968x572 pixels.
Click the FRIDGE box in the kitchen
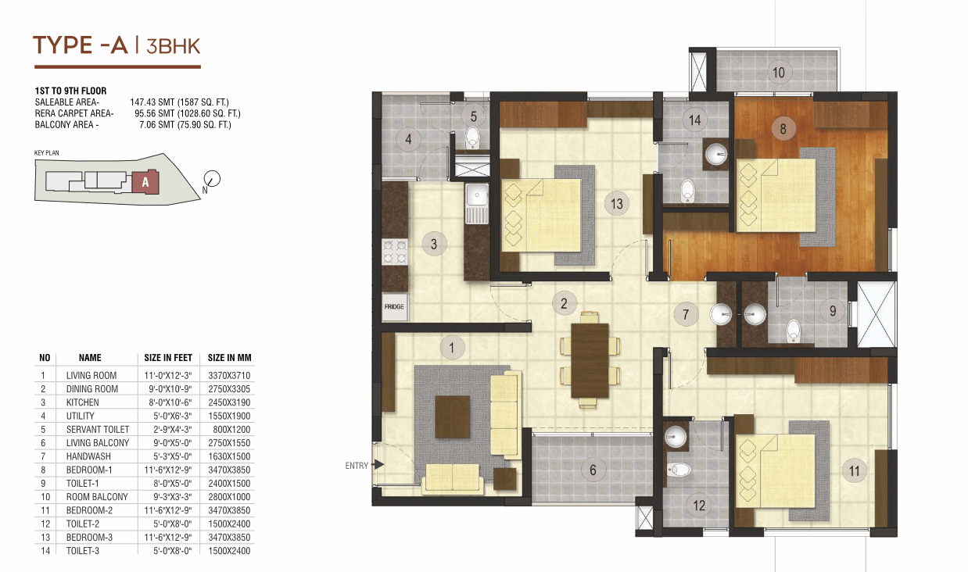(395, 307)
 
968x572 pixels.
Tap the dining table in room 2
(590, 360)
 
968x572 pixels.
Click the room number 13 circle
(617, 203)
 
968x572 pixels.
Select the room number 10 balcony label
(779, 73)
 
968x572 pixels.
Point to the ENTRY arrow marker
(378, 465)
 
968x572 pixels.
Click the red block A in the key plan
(145, 182)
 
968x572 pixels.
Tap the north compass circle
(212, 178)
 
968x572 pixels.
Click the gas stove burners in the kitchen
(395, 252)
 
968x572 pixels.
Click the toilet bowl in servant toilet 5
(473, 138)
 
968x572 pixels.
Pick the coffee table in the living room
(453, 417)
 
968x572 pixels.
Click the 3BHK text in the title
(174, 47)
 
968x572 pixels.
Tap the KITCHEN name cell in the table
(83, 402)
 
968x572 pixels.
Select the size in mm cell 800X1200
(231, 430)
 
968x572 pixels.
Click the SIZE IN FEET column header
(168, 358)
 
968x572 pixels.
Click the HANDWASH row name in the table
(88, 456)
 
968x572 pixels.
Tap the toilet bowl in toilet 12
(679, 469)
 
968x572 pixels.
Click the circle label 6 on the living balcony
(593, 470)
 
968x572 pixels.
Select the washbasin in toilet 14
(716, 154)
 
